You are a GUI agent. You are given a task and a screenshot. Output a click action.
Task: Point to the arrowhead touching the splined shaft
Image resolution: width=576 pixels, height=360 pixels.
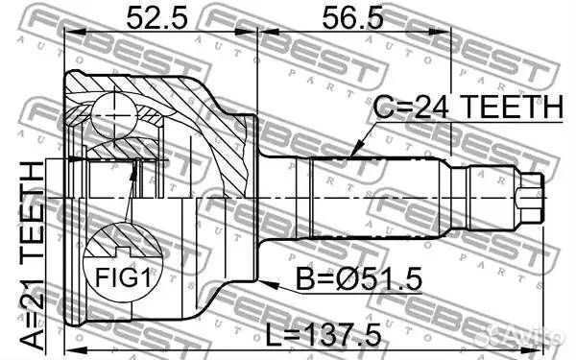pyautogui.click(x=354, y=153)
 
